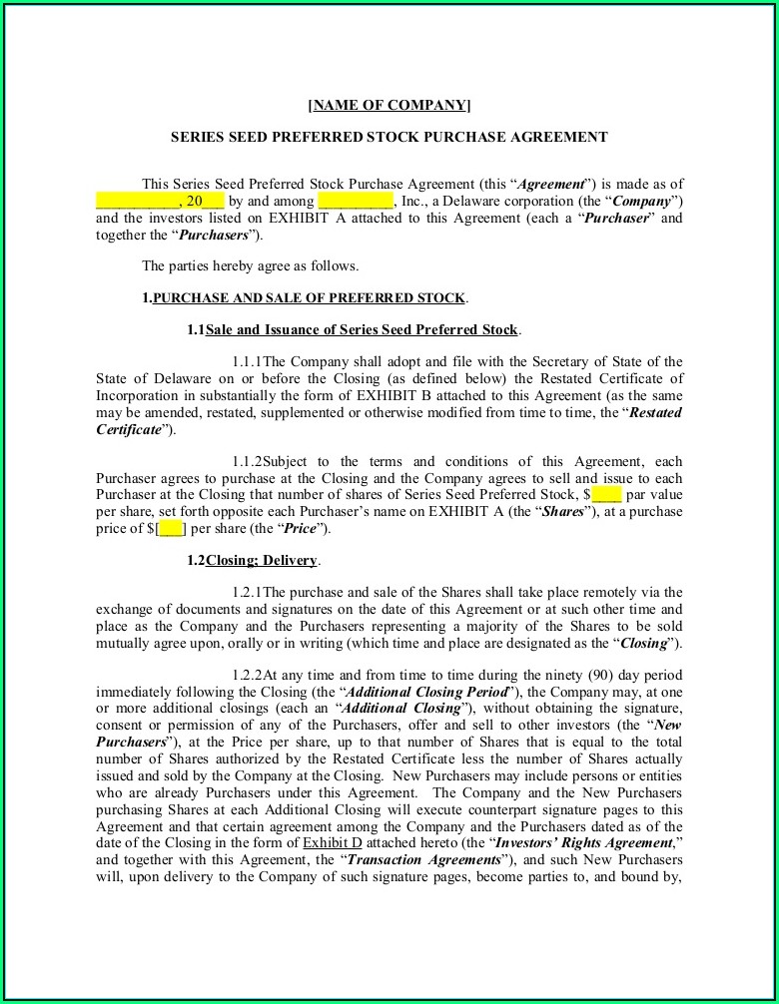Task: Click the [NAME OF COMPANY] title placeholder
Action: [389, 105]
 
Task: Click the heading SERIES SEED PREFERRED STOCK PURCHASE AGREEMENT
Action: [389, 137]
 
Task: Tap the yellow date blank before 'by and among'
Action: [160, 201]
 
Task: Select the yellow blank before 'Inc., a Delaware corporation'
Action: [355, 201]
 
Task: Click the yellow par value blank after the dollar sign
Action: [606, 494]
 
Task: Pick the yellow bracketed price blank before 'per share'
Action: [171, 528]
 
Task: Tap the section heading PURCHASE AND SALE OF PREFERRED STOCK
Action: [309, 297]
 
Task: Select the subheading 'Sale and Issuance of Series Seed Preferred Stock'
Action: [362, 329]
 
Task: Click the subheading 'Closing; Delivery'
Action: [262, 560]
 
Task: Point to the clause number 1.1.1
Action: [247, 361]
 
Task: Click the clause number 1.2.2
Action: [247, 675]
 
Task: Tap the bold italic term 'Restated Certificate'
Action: [654, 412]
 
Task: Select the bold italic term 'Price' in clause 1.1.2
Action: [302, 528]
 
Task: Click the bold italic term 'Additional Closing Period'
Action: [427, 692]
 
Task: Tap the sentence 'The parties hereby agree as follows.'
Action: [250, 265]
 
